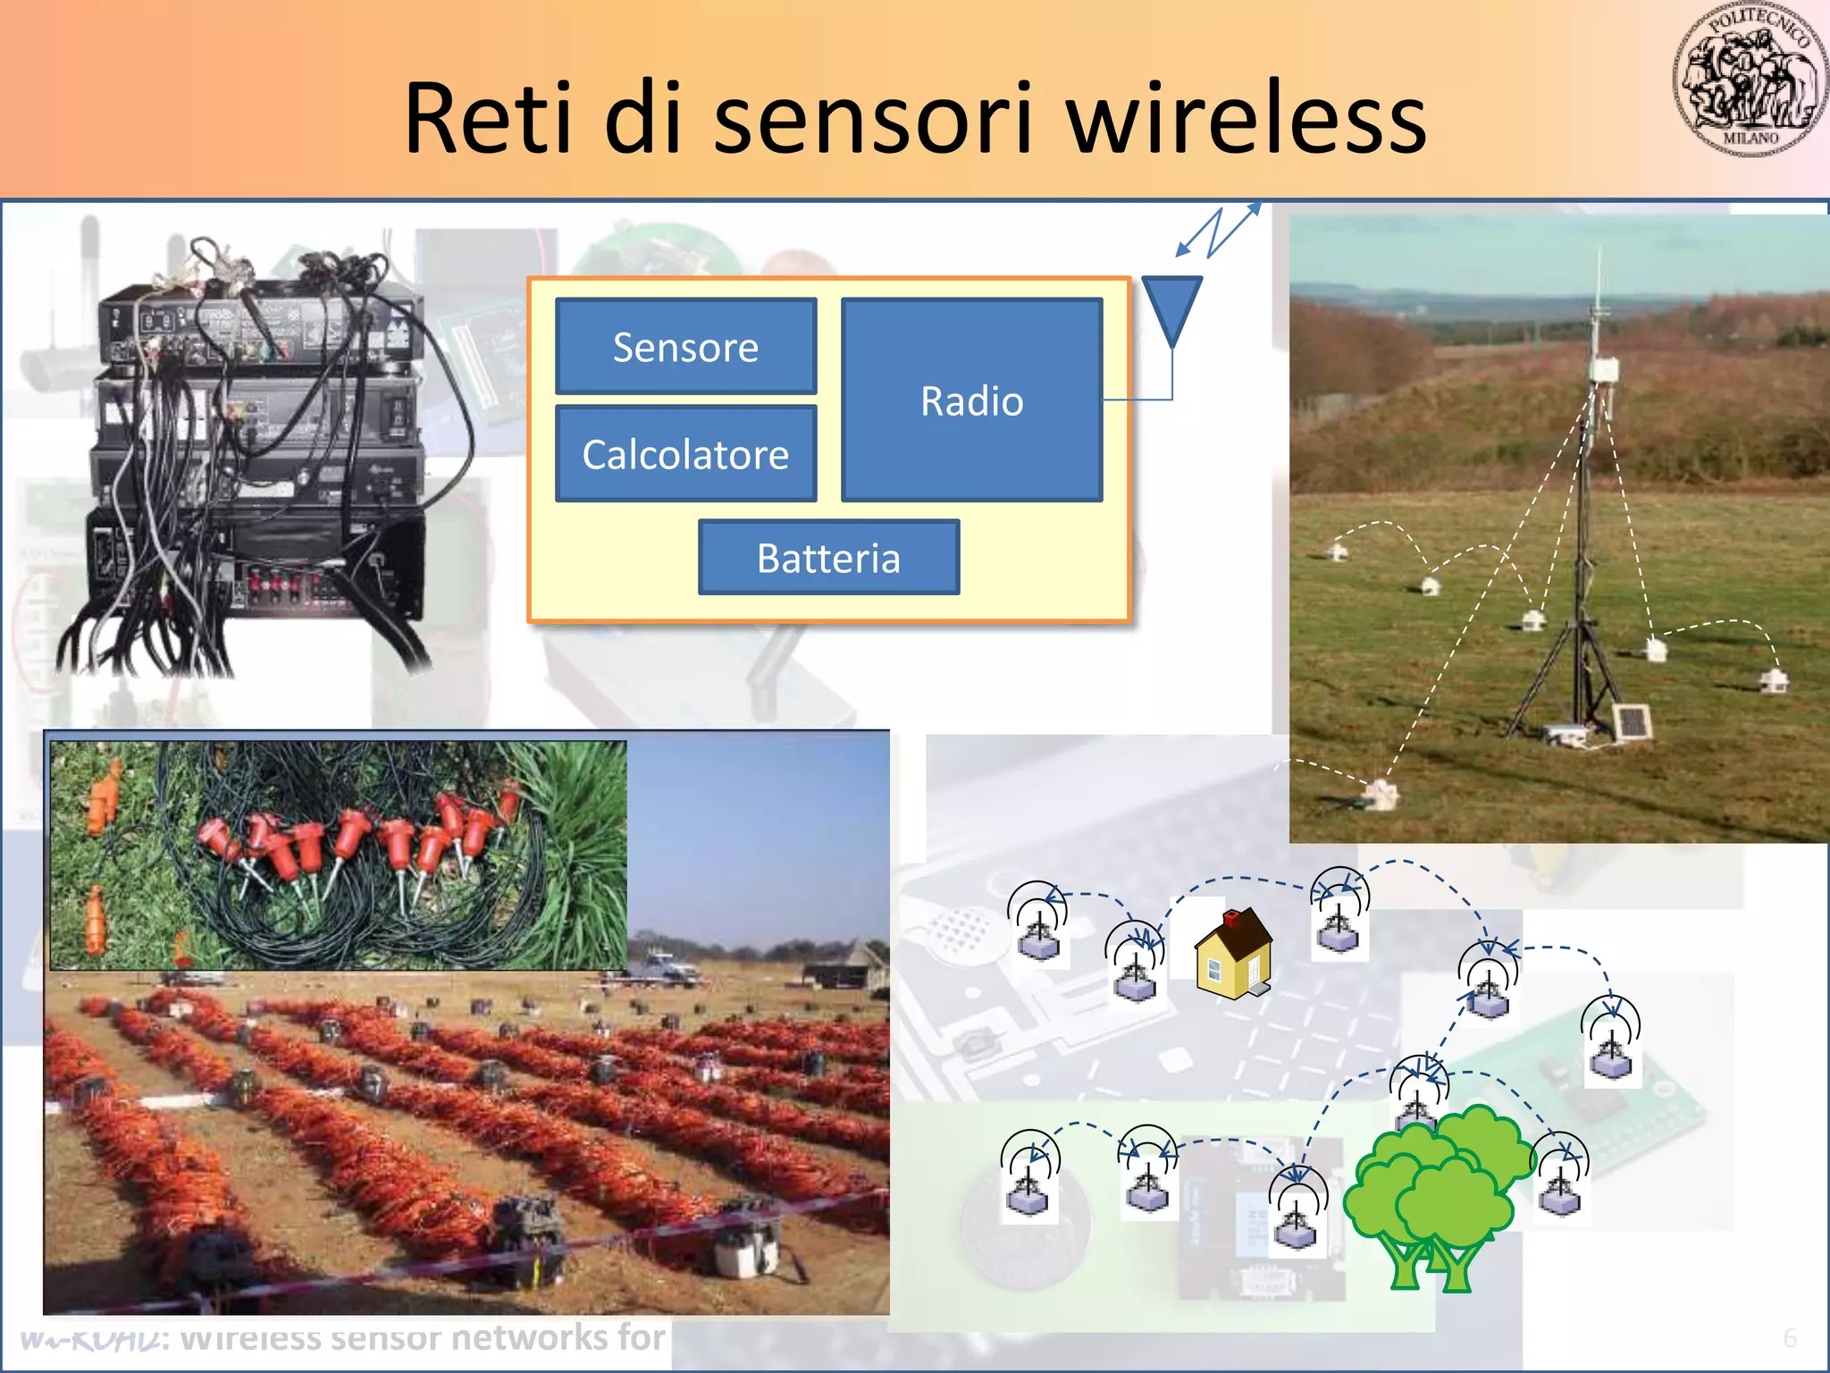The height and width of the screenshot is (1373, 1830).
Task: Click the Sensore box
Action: (685, 347)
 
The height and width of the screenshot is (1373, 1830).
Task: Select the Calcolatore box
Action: (685, 454)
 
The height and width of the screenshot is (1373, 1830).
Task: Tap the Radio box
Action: (971, 400)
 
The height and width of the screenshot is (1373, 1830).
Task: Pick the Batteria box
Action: (828, 558)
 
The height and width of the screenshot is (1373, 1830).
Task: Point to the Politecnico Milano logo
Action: (1749, 80)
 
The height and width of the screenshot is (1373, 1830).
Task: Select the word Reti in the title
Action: (487, 119)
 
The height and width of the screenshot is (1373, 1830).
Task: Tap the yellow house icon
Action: (1233, 955)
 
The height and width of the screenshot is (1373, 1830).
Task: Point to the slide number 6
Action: (1790, 1337)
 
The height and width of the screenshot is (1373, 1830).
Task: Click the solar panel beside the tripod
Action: (1632, 722)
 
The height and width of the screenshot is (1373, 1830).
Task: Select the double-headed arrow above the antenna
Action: (1217, 232)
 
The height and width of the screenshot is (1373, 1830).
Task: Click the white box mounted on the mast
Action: (1604, 370)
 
